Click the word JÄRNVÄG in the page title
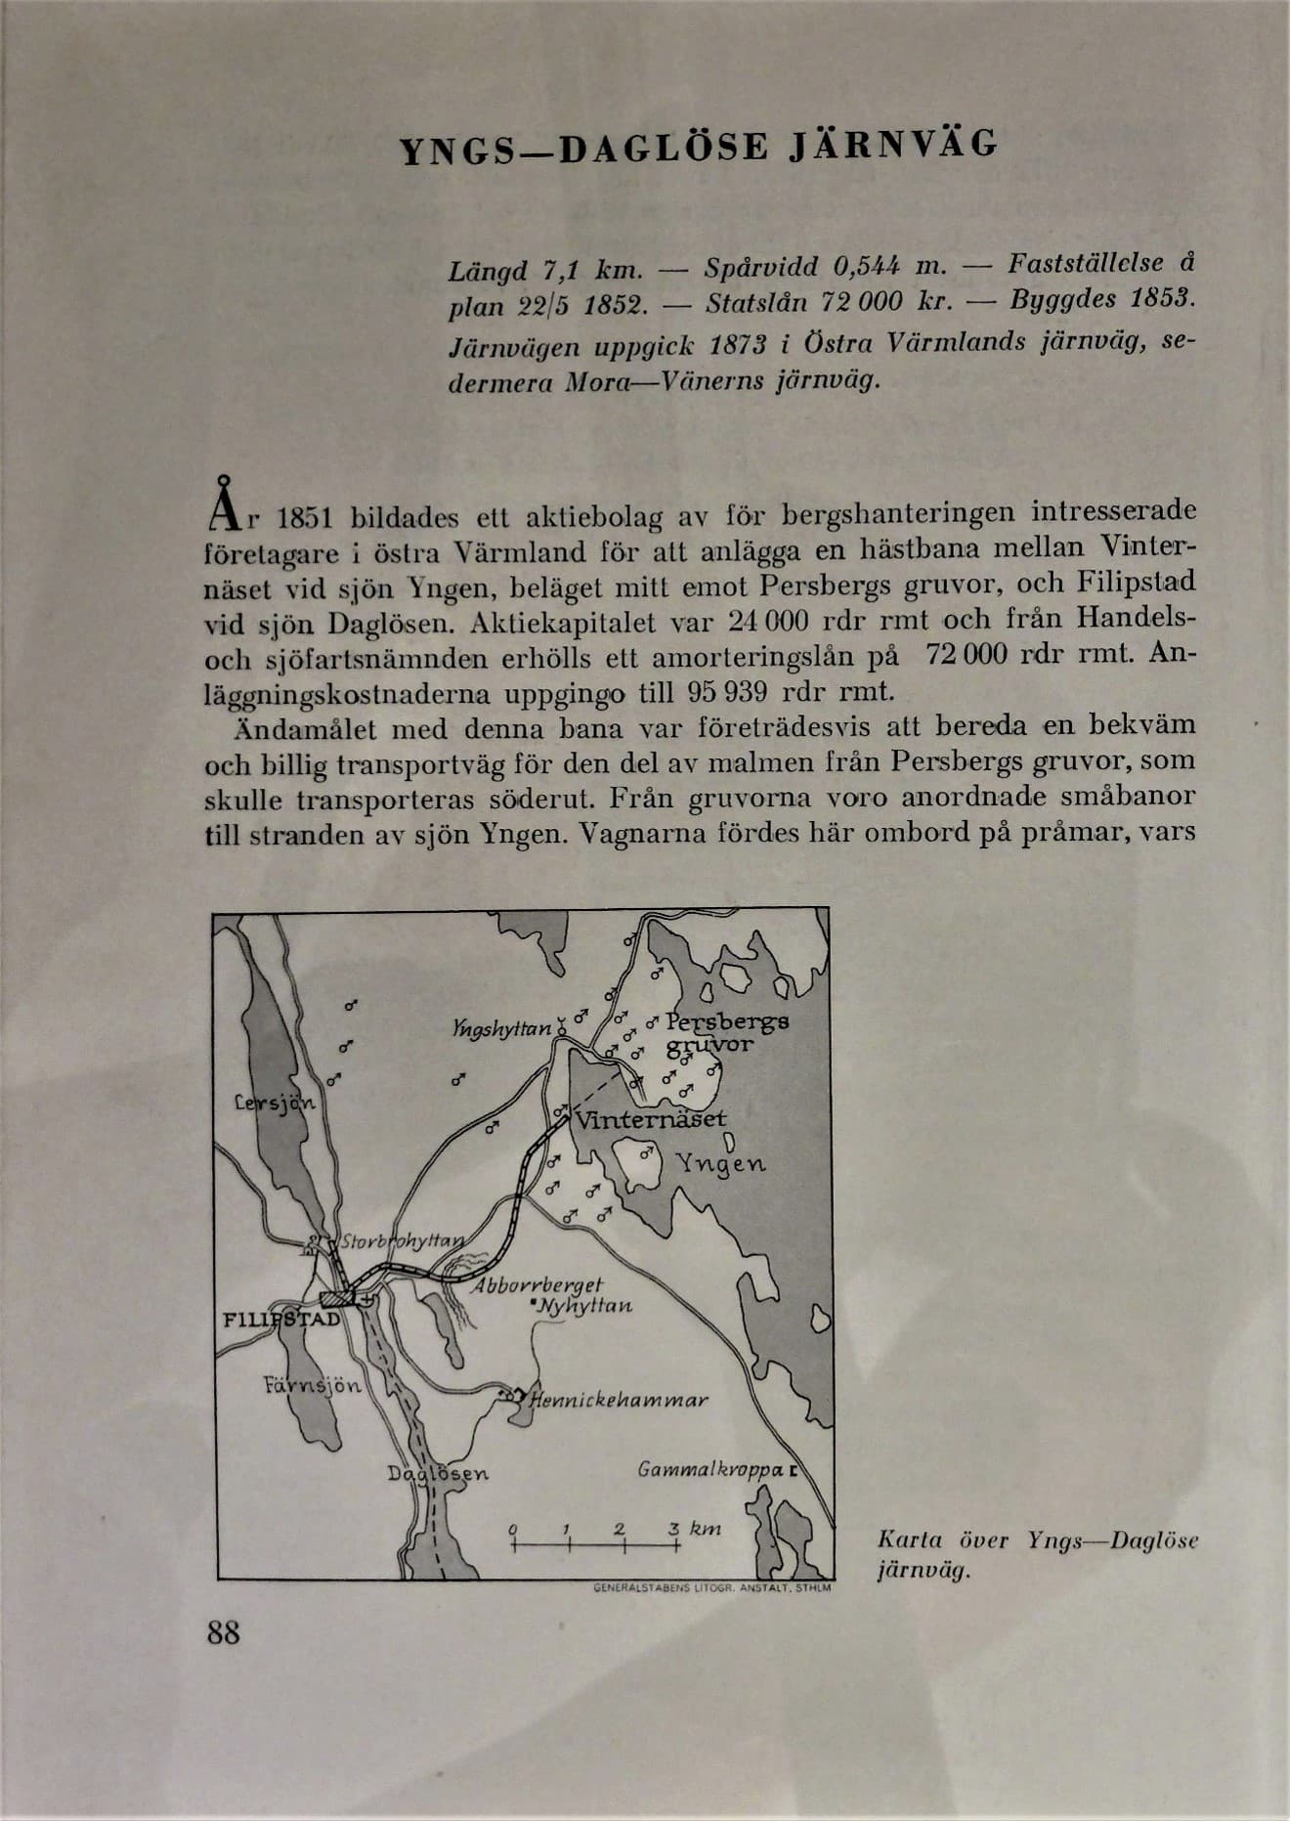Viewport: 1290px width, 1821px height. click(891, 147)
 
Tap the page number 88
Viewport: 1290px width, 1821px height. click(224, 1631)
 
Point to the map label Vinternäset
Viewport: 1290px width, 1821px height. click(650, 1118)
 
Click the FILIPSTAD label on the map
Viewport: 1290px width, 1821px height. click(281, 1320)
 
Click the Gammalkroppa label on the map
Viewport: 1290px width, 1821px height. click(711, 1469)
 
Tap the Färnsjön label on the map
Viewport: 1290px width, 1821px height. click(313, 1385)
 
